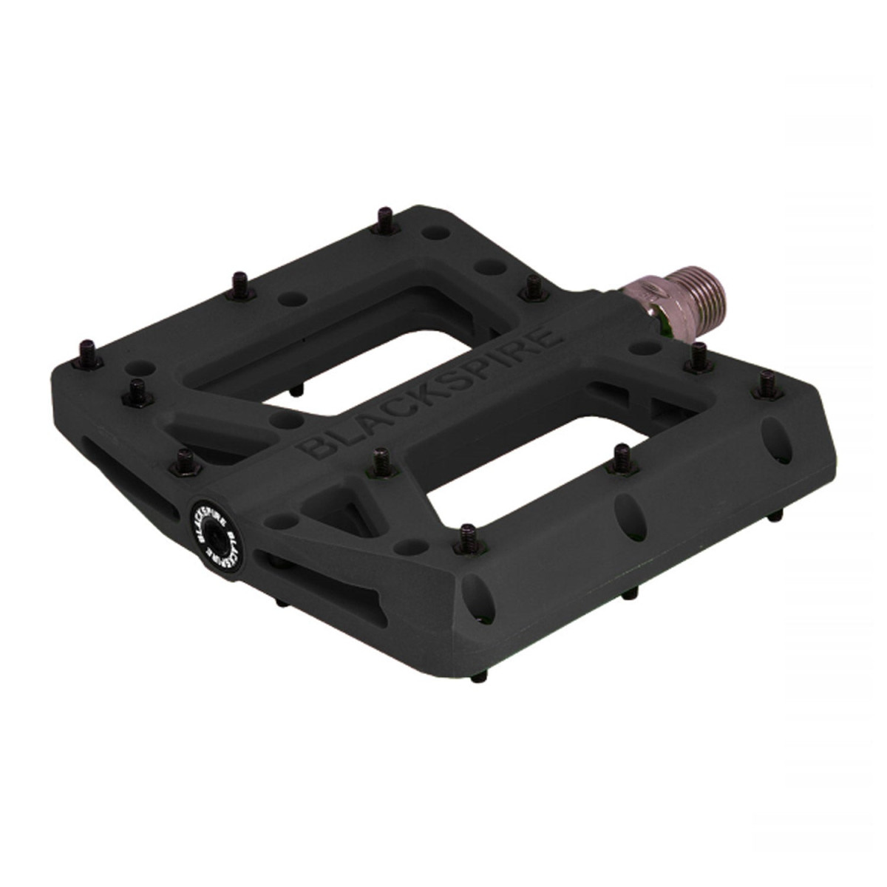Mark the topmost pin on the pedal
coord(385,219)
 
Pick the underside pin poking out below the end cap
coord(282,602)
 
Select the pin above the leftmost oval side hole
coord(467,535)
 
